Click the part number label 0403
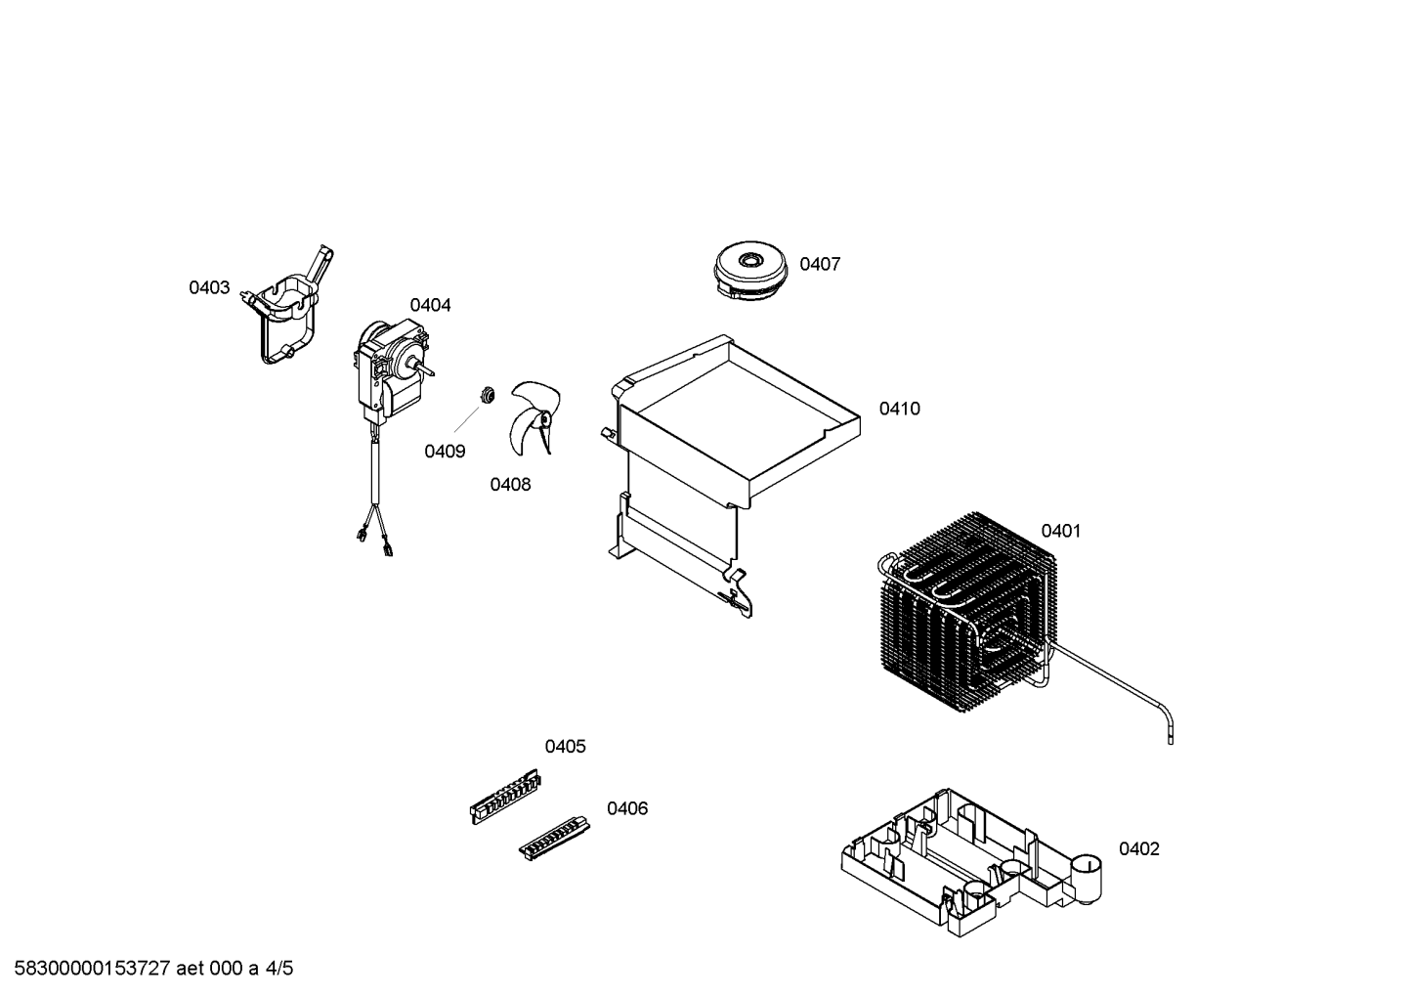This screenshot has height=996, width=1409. tap(209, 288)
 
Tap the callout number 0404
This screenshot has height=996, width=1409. tap(430, 305)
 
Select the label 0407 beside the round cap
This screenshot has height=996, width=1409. tap(820, 264)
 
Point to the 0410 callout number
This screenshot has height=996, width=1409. tap(900, 409)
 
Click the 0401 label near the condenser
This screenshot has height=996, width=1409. tap(1061, 531)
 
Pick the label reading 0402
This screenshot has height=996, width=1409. tap(1139, 849)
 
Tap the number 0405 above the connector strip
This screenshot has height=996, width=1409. tap(565, 746)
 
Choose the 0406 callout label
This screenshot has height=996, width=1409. tap(627, 808)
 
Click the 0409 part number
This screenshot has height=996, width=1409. tap(445, 452)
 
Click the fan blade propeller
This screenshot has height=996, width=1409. tap(534, 417)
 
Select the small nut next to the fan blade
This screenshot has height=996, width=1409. tap(486, 395)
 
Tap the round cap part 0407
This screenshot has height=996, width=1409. tap(750, 271)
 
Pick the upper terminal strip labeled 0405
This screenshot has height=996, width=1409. tap(505, 797)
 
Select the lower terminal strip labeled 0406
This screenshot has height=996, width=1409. tap(554, 839)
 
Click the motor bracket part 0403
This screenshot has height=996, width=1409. tap(289, 306)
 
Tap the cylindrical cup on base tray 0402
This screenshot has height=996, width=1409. tap(1086, 879)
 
